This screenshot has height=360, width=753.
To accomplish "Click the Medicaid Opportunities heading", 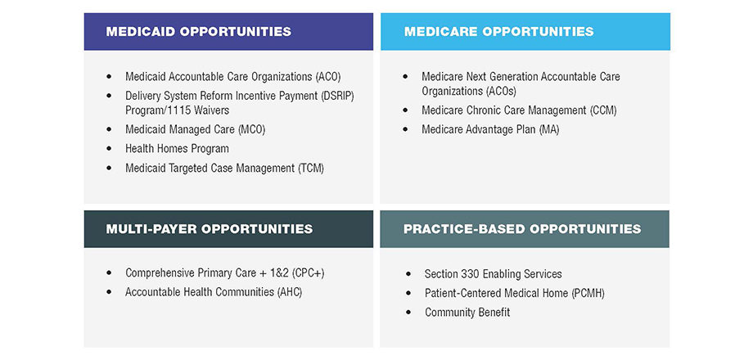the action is click(198, 32).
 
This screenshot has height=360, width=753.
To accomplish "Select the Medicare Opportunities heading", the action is click(499, 32).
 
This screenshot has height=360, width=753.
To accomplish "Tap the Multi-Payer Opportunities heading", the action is click(209, 228).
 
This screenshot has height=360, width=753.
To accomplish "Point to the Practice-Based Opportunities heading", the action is click(522, 228).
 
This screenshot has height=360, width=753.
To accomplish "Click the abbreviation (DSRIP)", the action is click(336, 96).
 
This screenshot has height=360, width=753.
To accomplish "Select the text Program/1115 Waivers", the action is click(178, 110).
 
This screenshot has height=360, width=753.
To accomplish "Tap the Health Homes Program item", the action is click(178, 149).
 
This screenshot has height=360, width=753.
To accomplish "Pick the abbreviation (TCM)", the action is click(311, 169).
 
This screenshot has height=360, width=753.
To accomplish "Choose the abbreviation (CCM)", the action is click(602, 110).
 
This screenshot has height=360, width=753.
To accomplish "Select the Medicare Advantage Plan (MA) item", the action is click(490, 129).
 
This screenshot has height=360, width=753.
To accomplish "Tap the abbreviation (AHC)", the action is click(290, 292).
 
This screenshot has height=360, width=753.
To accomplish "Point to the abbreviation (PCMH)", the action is click(588, 293).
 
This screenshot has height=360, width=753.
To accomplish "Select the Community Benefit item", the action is click(467, 313).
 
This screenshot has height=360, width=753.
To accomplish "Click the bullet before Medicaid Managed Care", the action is click(110, 129).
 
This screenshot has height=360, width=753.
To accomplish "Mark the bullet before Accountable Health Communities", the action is click(110, 292).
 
